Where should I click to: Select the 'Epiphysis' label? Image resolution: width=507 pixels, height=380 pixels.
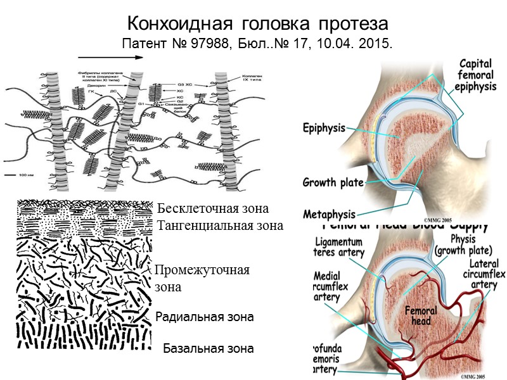point(324,128)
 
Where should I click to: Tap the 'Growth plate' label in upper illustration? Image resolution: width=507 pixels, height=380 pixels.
point(333,183)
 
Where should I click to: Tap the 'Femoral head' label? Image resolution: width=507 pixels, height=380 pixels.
point(419,316)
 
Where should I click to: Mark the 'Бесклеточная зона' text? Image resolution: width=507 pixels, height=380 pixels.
point(213,208)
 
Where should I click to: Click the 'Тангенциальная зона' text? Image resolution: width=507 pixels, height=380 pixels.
point(219,225)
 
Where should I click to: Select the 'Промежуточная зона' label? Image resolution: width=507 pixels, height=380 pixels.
point(202,278)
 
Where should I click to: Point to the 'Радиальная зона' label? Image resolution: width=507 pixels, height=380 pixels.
point(205,317)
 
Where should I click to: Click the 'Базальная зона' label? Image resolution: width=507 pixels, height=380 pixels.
point(209,348)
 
